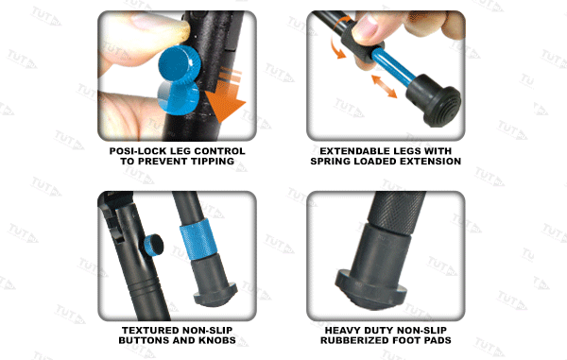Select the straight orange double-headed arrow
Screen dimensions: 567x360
(384, 86)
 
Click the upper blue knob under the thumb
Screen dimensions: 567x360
(180, 63)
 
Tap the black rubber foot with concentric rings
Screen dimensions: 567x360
(434, 101)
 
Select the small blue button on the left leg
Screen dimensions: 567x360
(153, 246)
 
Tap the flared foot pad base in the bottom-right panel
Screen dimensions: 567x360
(370, 289)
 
